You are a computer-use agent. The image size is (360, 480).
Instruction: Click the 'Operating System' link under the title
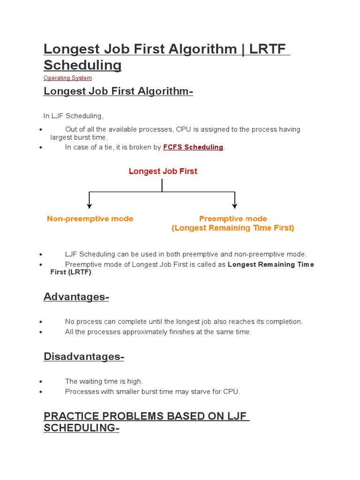pyautogui.click(x=67, y=78)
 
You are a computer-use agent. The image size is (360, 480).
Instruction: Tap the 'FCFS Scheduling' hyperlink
pyautogui.click(x=193, y=147)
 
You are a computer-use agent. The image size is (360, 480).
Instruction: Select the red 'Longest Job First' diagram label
pyautogui.click(x=163, y=172)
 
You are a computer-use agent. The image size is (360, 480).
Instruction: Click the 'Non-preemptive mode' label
pyautogui.click(x=90, y=219)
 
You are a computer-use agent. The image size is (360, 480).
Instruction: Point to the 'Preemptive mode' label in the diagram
pyautogui.click(x=233, y=219)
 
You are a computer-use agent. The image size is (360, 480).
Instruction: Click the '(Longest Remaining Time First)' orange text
pyautogui.click(x=233, y=228)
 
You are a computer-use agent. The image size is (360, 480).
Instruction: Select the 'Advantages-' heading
pyautogui.click(x=76, y=297)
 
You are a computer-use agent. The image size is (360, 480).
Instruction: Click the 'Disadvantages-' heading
pyautogui.click(x=83, y=357)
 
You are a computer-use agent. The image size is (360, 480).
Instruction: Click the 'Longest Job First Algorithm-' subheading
pyautogui.click(x=118, y=91)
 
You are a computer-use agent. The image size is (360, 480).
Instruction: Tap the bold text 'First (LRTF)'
pyautogui.click(x=71, y=272)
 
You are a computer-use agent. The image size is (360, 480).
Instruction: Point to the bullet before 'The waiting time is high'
pyautogui.click(x=42, y=382)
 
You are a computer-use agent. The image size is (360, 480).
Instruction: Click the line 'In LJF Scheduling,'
pyautogui.click(x=73, y=116)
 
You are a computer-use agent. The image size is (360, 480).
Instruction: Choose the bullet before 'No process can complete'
pyautogui.click(x=42, y=322)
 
